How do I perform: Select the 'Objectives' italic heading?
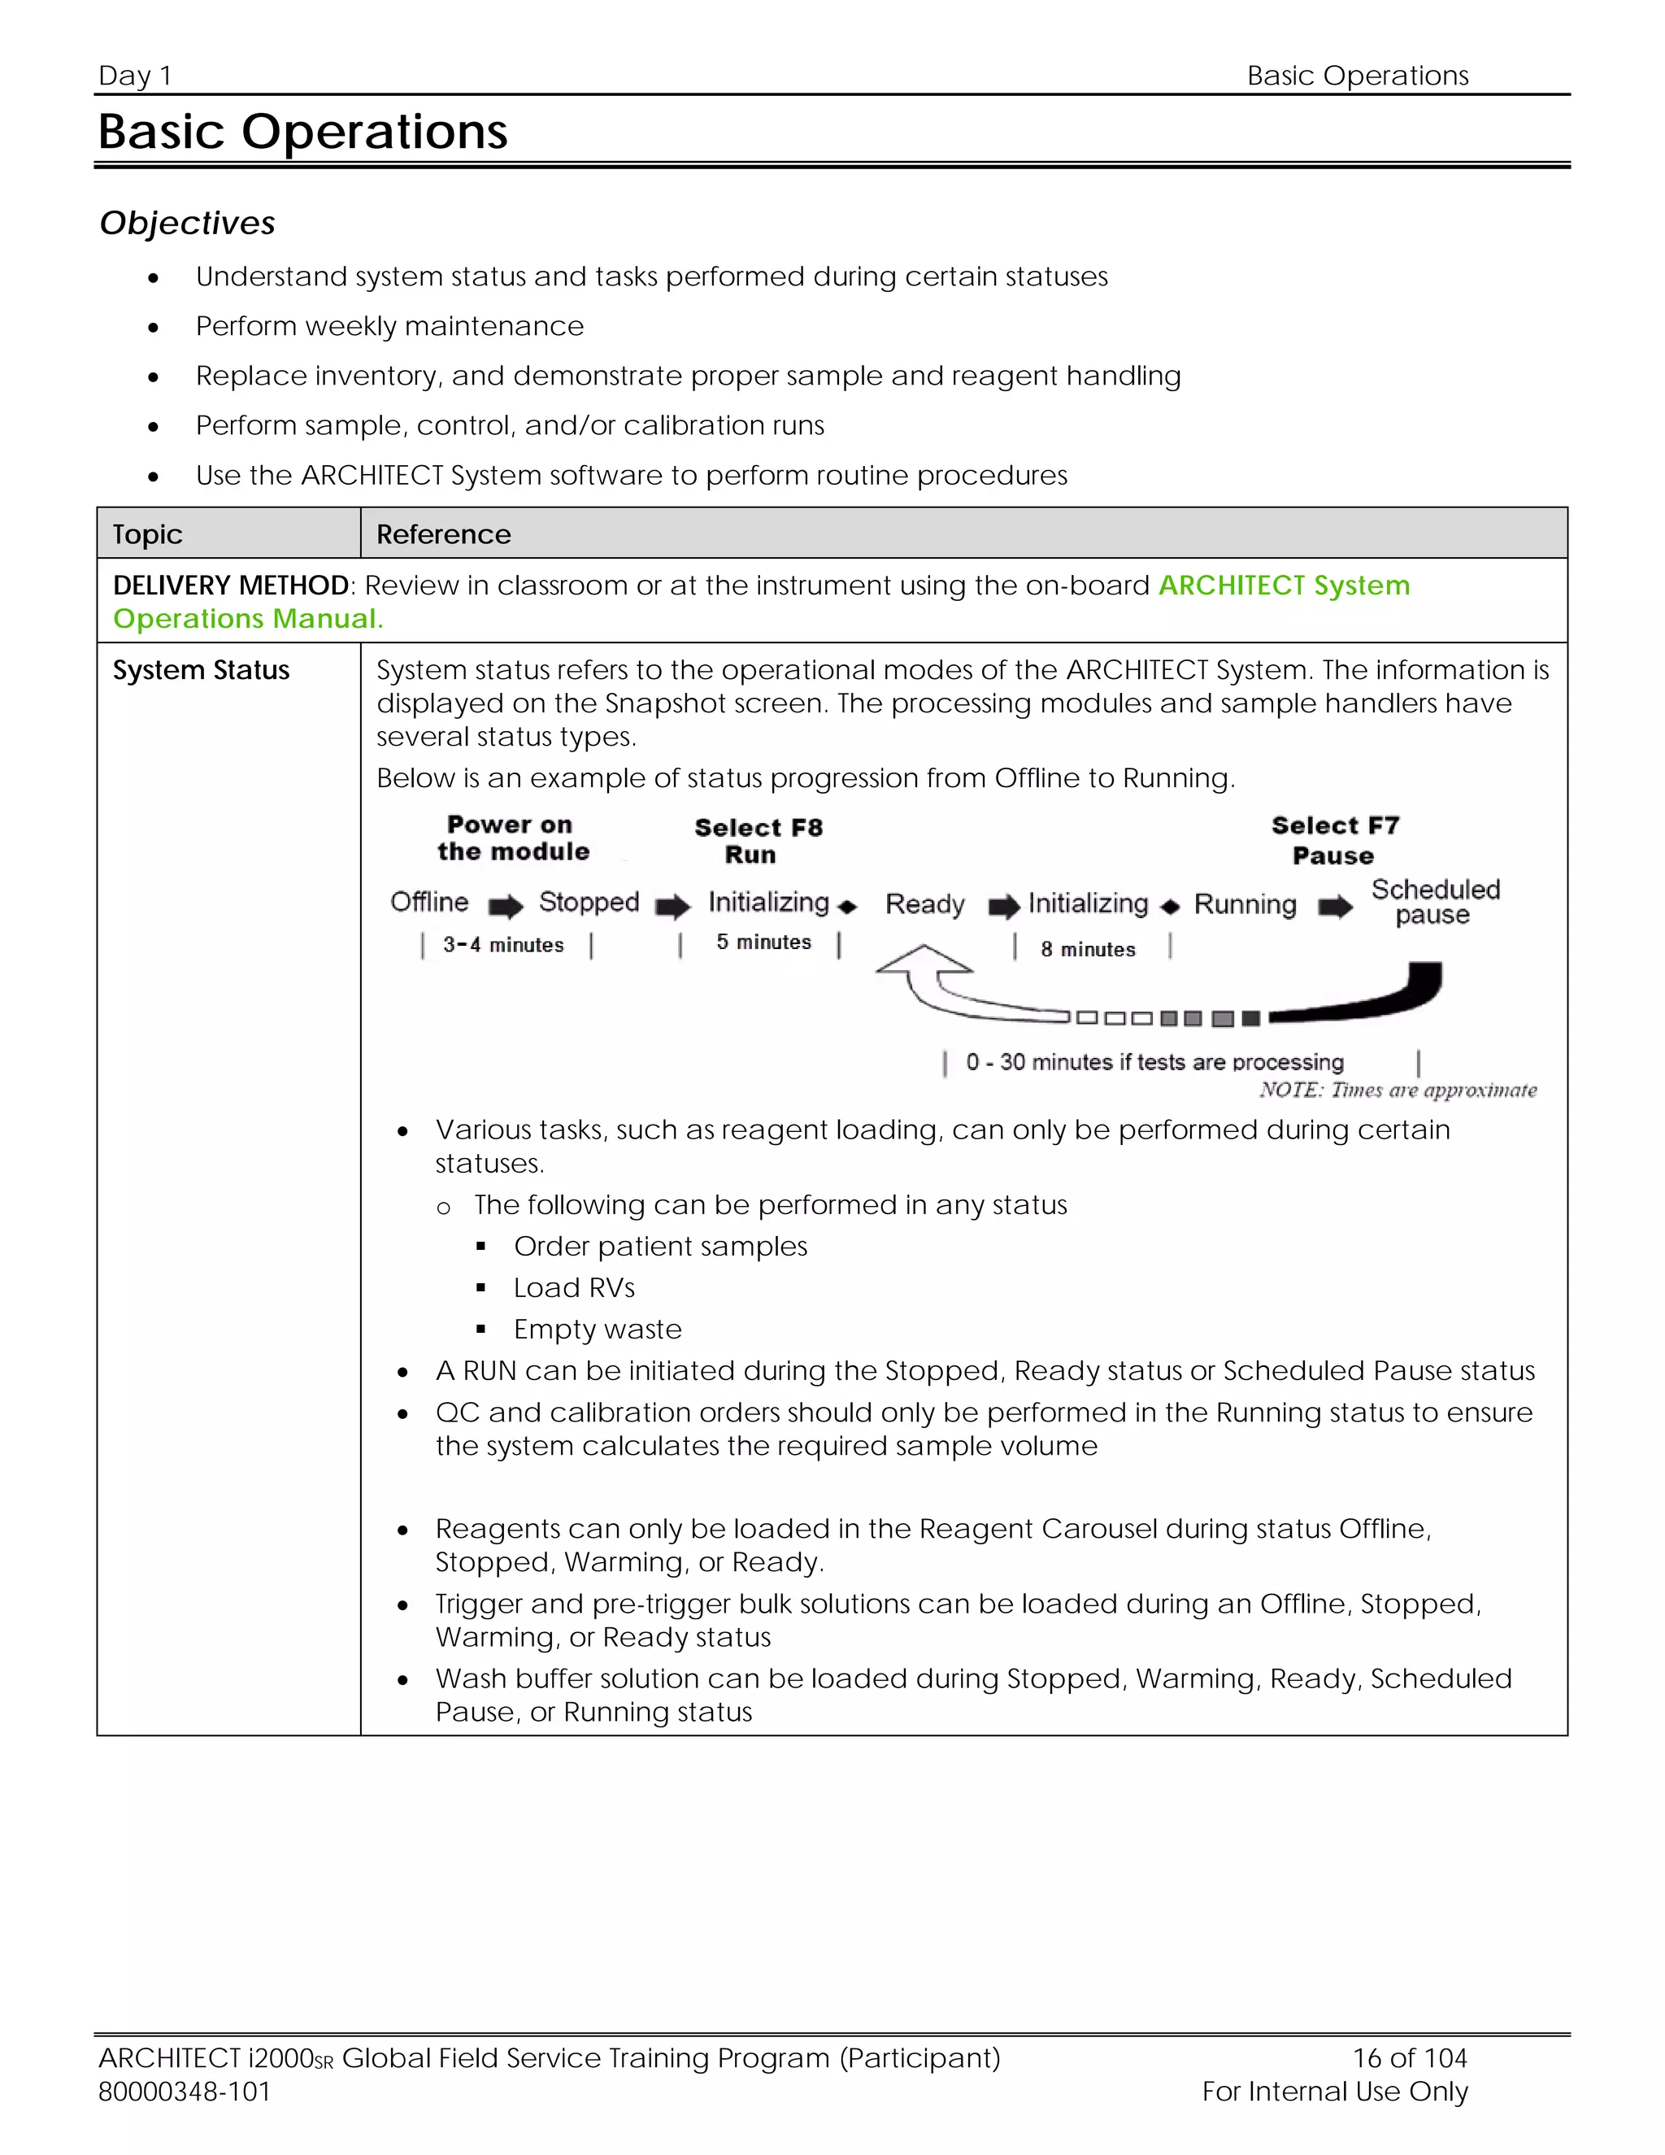188,223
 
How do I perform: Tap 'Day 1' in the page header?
135,76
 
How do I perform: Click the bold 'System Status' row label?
202,670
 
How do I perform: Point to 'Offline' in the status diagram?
429,902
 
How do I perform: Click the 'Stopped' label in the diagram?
589,902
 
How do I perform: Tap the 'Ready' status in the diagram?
924,903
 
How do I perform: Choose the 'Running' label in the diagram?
1245,903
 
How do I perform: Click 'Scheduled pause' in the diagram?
1435,902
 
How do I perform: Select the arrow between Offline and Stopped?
506,906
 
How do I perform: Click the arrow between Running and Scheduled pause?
1336,906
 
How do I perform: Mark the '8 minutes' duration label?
1088,949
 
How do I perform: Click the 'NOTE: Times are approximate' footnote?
1398,1090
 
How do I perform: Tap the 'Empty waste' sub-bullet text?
597,1329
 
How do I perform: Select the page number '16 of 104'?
1410,2057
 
